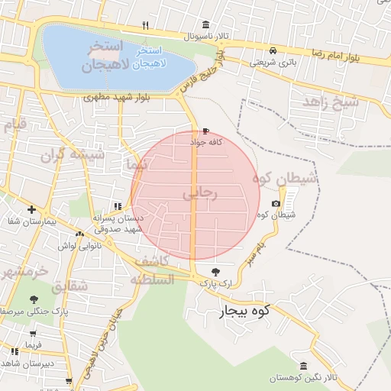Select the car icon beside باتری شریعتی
pos(273,51)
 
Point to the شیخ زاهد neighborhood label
pos(331,101)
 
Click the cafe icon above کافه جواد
pos(205,131)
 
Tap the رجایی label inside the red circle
pos(201,194)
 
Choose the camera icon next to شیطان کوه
pos(276,203)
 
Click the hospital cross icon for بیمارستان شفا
pos(31,209)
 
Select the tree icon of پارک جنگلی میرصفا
pos(33,299)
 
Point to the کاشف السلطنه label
pos(156,270)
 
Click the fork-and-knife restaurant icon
pos(145,26)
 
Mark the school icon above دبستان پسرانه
pos(117,205)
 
